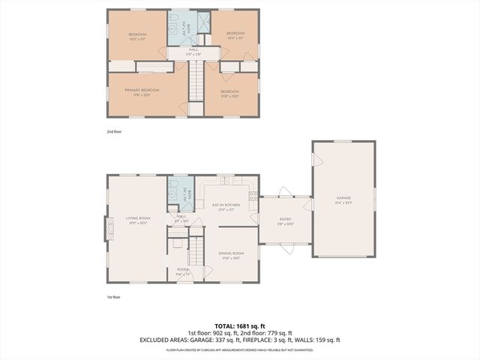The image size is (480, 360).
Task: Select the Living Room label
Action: (x=136, y=220)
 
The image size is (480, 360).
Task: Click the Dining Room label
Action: (x=232, y=255)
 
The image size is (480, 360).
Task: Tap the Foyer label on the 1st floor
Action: (x=183, y=271)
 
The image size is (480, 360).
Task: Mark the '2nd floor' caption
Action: (x=114, y=131)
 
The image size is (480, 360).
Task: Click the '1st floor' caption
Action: (x=113, y=297)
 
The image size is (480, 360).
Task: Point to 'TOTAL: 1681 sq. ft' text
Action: (x=239, y=325)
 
